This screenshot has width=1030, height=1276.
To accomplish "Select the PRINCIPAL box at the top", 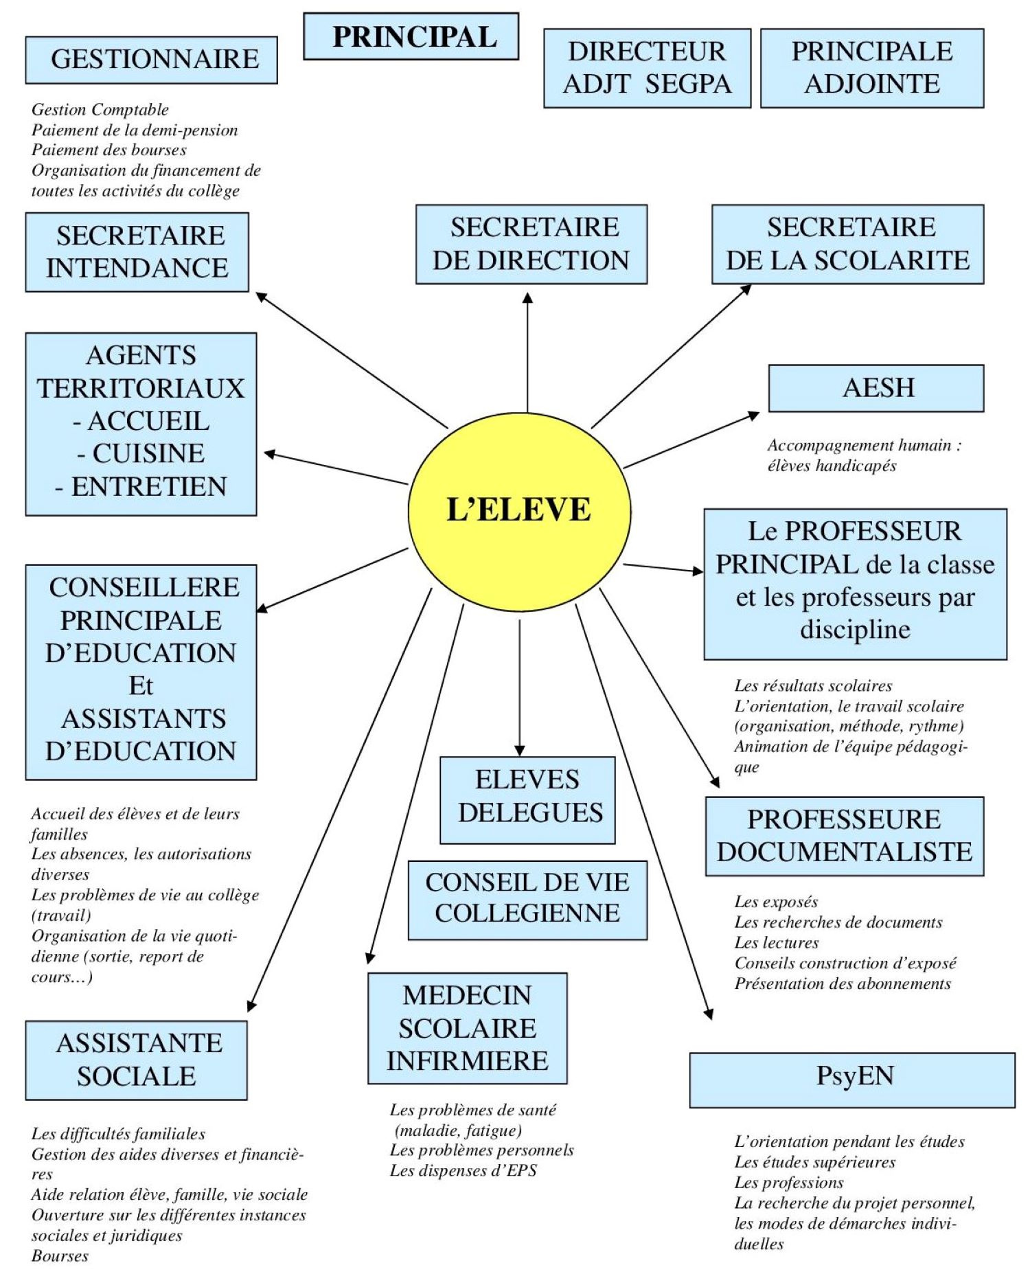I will click(411, 36).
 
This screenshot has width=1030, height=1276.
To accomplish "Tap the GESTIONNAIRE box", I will click(151, 60).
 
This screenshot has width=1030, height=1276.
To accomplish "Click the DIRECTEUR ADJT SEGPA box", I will click(647, 68).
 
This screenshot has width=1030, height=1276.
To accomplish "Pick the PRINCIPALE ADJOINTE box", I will click(872, 68).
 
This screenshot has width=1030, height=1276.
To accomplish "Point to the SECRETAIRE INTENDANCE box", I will click(137, 252).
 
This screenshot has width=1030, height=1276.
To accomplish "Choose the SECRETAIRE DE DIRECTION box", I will click(531, 244).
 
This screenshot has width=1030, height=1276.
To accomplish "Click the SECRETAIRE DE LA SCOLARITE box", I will click(847, 244).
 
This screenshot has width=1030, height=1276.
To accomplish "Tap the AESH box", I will click(875, 388).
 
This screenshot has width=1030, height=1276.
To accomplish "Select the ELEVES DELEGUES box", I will click(527, 799).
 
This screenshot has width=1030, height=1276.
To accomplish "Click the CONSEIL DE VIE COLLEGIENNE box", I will click(527, 900).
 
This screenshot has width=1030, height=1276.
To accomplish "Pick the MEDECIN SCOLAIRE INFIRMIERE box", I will click(467, 1028).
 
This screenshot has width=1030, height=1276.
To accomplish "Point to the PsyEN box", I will click(852, 1080).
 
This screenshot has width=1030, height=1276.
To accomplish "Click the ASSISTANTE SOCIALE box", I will click(136, 1060).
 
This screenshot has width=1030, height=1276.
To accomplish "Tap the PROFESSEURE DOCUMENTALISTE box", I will click(845, 836).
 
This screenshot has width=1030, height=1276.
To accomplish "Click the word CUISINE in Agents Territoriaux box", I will click(148, 453).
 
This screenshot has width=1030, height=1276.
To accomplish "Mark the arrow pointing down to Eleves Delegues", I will click(520, 687).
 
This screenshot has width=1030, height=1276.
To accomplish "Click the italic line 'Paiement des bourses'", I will click(109, 150).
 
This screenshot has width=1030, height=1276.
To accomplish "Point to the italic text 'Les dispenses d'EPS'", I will click(463, 1170).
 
